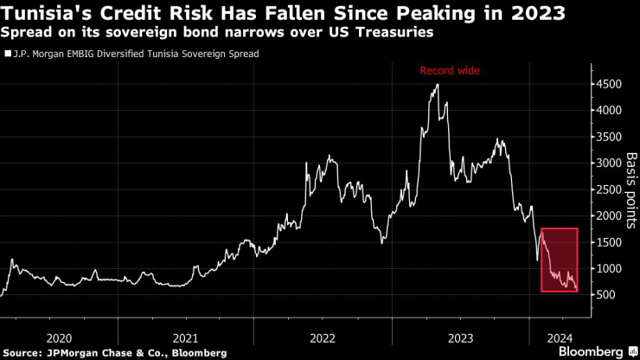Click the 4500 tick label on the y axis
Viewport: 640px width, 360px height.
pos(608,85)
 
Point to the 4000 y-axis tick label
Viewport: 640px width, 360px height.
pos(608,111)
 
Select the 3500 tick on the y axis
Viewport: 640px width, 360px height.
pos(608,137)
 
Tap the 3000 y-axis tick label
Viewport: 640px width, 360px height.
pos(608,164)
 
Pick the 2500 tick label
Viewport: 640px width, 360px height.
pos(608,190)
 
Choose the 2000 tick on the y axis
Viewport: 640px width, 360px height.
pos(608,216)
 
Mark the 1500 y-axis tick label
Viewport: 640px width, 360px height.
pos(608,242)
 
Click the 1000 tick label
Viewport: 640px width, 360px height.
pos(608,269)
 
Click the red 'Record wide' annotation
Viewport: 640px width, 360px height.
pos(450,70)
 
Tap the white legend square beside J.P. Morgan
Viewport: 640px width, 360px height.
pos(8,54)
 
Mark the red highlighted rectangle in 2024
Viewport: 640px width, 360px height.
pos(560,260)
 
